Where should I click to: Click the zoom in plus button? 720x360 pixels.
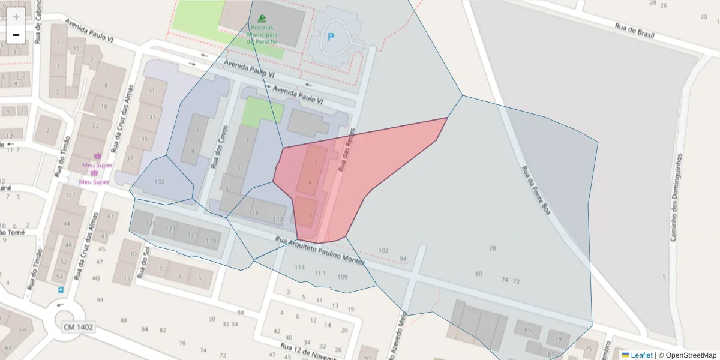pos(16,17)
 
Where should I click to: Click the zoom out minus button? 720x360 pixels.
pos(16,35)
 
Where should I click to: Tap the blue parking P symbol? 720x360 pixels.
pos(330,37)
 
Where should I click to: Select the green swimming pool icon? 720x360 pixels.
pos(261,19)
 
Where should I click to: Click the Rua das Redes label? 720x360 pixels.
pos(348,151)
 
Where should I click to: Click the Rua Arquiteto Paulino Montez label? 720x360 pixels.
pos(320,250)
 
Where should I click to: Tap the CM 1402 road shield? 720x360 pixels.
pos(78,327)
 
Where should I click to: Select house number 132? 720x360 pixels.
pos(160,182)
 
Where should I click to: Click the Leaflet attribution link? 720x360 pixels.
pos(640,355)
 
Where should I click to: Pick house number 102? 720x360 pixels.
pos(384,250)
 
